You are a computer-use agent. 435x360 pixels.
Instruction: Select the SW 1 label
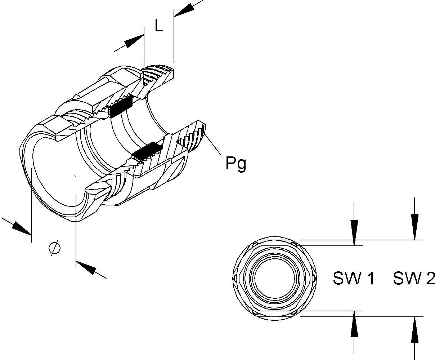[x=354, y=278]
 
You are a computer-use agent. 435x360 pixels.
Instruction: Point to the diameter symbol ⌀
[x=54, y=248]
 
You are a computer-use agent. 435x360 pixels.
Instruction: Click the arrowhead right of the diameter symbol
[x=87, y=268]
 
